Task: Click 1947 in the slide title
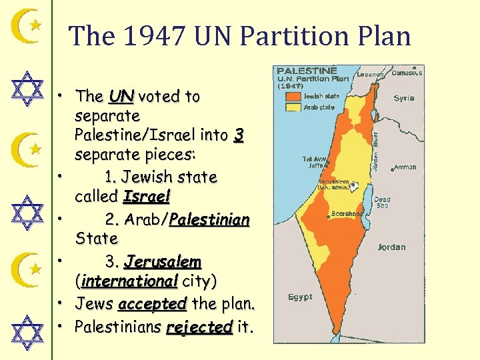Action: click(155, 36)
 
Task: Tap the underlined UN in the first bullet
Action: click(121, 96)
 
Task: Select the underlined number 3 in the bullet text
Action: click(239, 136)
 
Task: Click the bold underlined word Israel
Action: click(147, 197)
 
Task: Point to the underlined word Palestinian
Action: click(209, 219)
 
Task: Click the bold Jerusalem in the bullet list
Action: click(163, 261)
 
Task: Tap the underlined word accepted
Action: click(151, 304)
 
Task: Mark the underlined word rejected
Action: click(199, 327)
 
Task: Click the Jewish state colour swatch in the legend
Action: click(293, 96)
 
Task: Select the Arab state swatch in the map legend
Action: click(293, 107)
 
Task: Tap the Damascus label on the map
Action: click(407, 72)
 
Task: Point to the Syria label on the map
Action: click(403, 98)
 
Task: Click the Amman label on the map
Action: click(405, 167)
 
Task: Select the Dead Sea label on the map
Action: click(382, 203)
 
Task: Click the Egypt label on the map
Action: click(300, 297)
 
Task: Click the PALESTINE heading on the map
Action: click(307, 71)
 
